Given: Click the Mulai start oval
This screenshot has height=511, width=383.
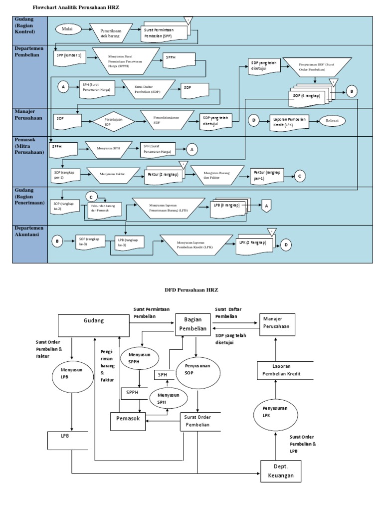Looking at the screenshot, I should [x=67, y=29].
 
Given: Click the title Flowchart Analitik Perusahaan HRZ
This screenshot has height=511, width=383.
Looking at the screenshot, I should [x=76, y=8].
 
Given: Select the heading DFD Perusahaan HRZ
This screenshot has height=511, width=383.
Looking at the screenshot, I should [x=191, y=289].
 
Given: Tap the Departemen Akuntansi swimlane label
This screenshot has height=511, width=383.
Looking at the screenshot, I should [x=29, y=231].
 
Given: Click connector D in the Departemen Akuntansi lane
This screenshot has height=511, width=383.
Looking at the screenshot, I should [x=286, y=244].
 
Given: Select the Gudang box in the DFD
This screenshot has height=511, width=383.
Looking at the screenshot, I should [x=93, y=325].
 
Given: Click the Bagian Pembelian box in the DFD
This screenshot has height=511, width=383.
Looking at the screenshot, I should [x=192, y=324].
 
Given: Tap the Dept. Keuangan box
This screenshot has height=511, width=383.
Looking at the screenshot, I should [x=281, y=471].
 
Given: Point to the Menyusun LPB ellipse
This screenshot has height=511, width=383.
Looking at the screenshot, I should [x=73, y=374].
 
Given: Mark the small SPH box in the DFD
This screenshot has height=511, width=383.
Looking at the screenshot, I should [x=163, y=374].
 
